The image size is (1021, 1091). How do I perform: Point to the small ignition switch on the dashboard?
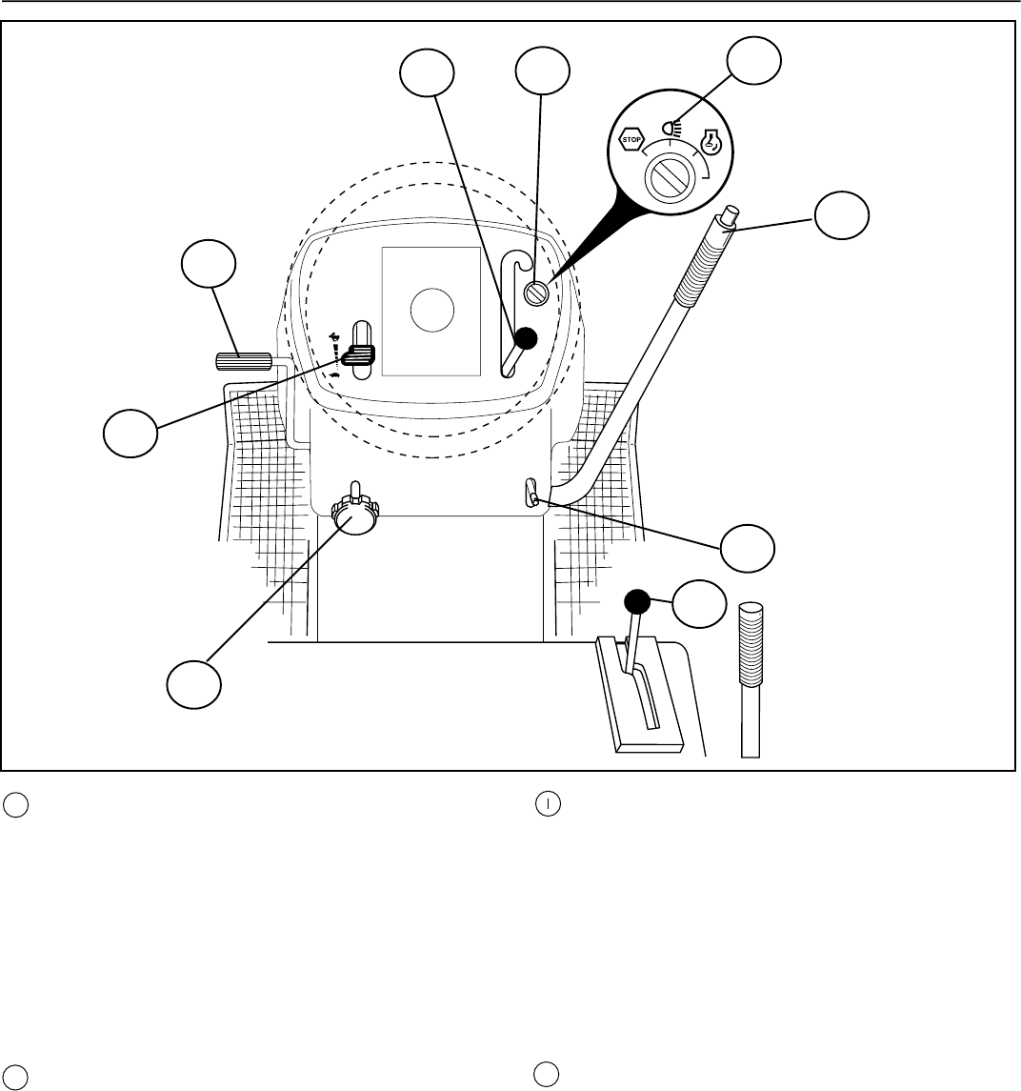pos(538,293)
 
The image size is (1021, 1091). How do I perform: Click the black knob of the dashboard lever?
pos(524,338)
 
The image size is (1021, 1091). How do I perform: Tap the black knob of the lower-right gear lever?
pos(637,601)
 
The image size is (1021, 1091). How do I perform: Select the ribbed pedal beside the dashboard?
pos(245,362)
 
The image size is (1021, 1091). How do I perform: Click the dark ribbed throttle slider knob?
pos(360,355)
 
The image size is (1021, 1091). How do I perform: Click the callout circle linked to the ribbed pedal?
pos(209,266)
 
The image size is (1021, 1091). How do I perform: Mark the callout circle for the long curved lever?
pos(841,218)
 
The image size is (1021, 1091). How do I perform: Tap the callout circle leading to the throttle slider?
pos(131,434)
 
